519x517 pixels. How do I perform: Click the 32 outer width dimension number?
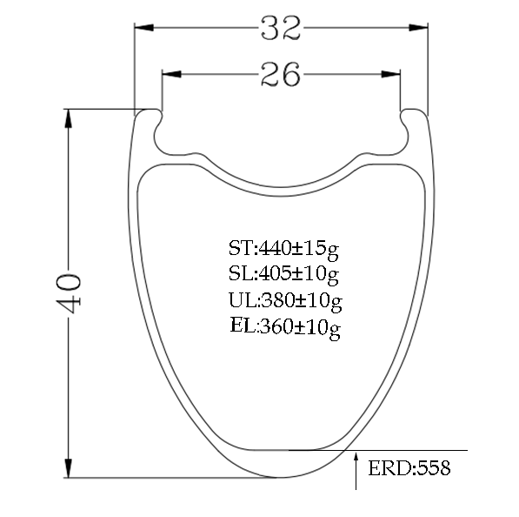point(281,28)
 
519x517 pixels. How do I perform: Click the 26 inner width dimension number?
point(281,74)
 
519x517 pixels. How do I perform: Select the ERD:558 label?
point(409,468)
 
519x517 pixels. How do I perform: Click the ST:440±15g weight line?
point(283,249)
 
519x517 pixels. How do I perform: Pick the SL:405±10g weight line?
point(283,274)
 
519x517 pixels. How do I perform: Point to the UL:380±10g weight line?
point(285,301)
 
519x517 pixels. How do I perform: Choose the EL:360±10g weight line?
point(285,326)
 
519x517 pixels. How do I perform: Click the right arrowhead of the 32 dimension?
point(418,28)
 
